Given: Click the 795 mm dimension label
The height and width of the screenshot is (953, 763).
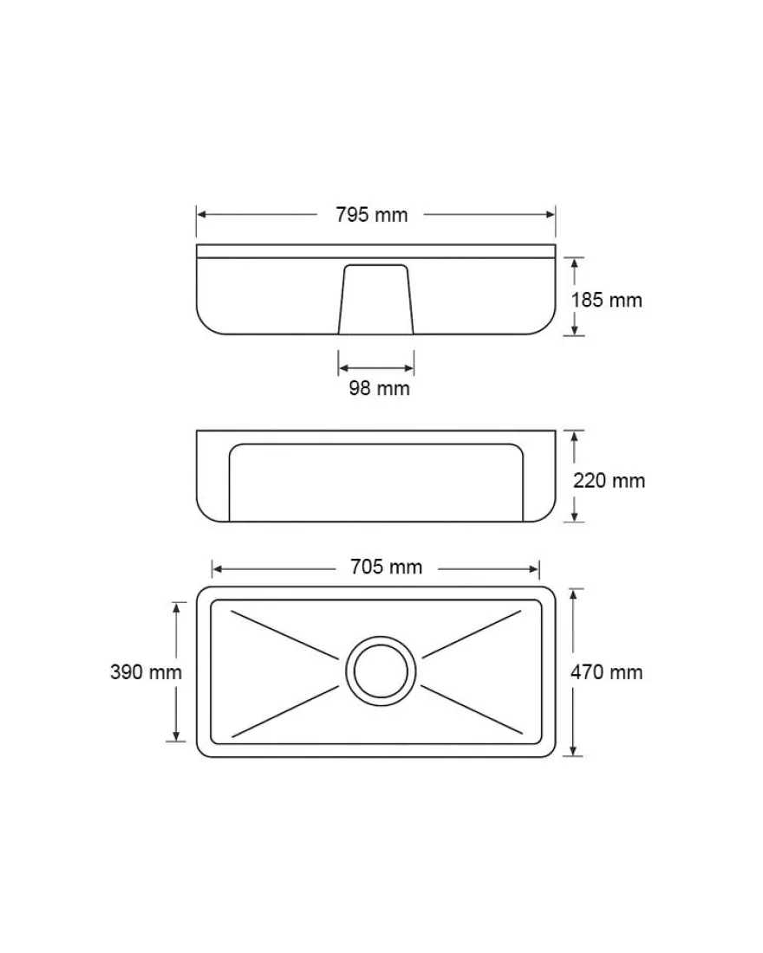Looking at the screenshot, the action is (x=371, y=215).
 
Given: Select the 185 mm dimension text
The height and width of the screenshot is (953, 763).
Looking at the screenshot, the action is (x=607, y=300).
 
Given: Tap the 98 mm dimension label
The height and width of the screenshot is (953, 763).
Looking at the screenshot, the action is (x=379, y=388).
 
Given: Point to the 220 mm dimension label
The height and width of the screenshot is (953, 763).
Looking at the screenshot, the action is (x=609, y=481).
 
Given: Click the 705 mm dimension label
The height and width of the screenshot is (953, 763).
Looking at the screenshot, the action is (x=386, y=567).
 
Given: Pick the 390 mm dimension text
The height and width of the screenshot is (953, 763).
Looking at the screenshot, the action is (x=146, y=672).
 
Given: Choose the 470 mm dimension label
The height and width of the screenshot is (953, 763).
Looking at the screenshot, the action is (x=607, y=672).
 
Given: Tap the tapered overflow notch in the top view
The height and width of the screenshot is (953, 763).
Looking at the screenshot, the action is (x=375, y=299).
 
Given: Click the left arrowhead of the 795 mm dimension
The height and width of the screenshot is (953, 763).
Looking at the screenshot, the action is (x=201, y=214).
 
